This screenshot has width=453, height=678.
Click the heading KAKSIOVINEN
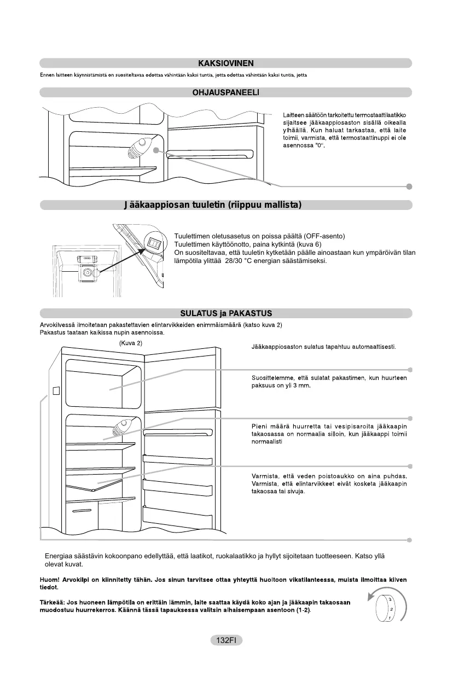pos(225,63)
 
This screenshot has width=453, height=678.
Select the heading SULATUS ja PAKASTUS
pos(226,313)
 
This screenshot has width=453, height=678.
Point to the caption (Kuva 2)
pos(131,343)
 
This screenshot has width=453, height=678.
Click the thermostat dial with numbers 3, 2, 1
pos(385,609)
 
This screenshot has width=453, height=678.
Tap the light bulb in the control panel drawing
pos(140,148)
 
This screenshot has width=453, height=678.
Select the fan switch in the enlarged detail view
pos(154,243)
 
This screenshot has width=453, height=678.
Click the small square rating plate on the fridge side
pos(56,390)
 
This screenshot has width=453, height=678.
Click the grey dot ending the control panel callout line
pos(409,186)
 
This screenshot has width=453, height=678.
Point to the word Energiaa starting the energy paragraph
pos(59,557)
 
